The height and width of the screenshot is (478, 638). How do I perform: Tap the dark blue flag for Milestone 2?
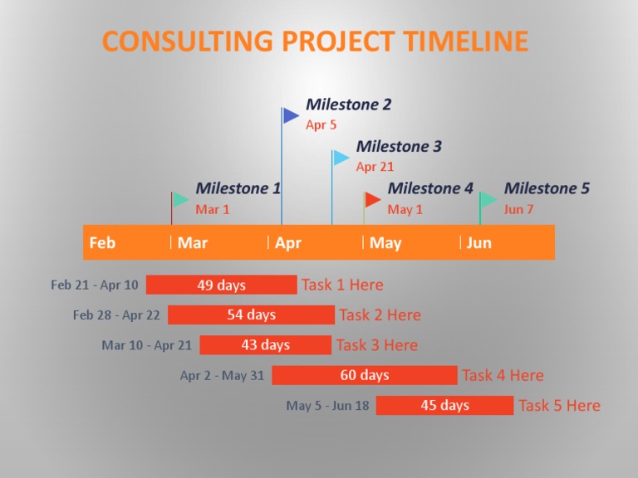click(291, 115)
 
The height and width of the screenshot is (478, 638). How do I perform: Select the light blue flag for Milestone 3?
click(341, 158)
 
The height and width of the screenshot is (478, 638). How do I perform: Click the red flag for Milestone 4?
click(373, 199)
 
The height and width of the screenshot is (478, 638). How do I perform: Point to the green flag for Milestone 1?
click(180, 200)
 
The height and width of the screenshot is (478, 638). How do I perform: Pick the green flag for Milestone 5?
click(488, 200)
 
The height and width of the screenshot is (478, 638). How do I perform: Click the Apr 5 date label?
click(321, 125)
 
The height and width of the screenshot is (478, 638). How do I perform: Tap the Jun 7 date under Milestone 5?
click(518, 209)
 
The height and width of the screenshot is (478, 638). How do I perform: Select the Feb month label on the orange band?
click(102, 242)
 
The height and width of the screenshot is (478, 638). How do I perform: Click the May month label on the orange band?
click(385, 242)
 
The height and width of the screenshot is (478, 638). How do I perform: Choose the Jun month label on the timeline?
click(479, 242)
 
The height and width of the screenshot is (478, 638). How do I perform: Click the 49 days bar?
click(221, 285)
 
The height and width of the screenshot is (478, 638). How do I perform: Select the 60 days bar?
click(364, 375)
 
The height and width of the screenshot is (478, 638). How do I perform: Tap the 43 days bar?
click(265, 344)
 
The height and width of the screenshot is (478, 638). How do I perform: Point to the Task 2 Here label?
click(380, 315)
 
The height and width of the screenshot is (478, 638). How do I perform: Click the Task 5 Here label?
click(559, 406)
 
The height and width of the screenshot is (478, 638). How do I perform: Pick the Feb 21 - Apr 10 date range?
click(95, 285)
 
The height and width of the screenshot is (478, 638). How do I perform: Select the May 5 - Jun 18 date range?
click(327, 406)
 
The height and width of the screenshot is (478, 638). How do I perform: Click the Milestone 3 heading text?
click(399, 147)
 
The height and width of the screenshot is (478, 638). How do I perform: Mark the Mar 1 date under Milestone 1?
click(213, 209)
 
